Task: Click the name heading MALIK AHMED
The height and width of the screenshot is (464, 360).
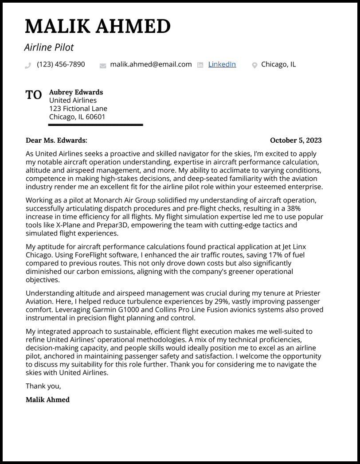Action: pyautogui.click(x=98, y=27)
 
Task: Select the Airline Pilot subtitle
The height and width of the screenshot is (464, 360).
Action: pyautogui.click(x=49, y=47)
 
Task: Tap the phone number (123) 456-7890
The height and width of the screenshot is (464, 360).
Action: pyautogui.click(x=61, y=64)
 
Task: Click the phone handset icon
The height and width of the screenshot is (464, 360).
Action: pyautogui.click(x=28, y=65)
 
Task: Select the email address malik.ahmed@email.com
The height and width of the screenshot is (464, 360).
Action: pyautogui.click(x=151, y=64)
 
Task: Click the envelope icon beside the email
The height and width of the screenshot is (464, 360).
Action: pyautogui.click(x=103, y=66)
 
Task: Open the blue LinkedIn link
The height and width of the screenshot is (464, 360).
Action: pyautogui.click(x=222, y=64)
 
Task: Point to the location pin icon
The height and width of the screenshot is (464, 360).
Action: pyautogui.click(x=254, y=66)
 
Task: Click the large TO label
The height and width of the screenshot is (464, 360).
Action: pyautogui.click(x=34, y=95)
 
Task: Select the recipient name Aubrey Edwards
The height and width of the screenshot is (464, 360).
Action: pyautogui.click(x=76, y=92)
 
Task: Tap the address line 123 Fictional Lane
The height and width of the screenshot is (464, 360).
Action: pyautogui.click(x=78, y=109)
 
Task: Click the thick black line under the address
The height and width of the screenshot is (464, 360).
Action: pyautogui.click(x=95, y=125)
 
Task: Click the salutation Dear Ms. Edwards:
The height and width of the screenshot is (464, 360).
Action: pyautogui.click(x=56, y=140)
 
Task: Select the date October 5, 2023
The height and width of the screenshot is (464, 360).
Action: pyautogui.click(x=296, y=140)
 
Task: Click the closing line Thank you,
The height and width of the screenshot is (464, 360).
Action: pyautogui.click(x=43, y=386)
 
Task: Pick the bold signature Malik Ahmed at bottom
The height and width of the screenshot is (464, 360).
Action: pyautogui.click(x=47, y=400)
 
